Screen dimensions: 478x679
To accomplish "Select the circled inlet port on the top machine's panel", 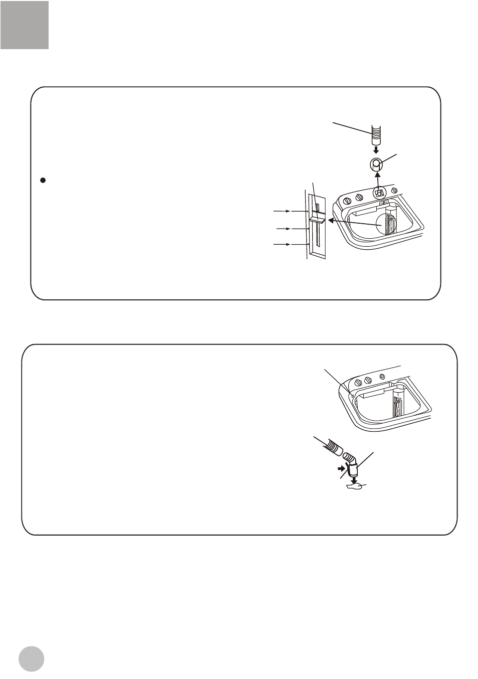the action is tap(379, 192).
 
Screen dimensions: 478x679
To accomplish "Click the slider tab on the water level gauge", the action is tap(317, 219).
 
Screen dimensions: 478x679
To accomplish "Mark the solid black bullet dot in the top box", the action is tap(43, 180).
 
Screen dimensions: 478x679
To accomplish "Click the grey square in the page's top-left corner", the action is tap(25, 25).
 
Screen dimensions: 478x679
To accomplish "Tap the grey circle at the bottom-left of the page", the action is tap(32, 658).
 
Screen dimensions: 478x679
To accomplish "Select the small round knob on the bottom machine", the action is tap(382, 376).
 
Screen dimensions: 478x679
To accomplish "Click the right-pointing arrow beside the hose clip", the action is tap(342, 469).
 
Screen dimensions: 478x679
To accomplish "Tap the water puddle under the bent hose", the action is tap(355, 485).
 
